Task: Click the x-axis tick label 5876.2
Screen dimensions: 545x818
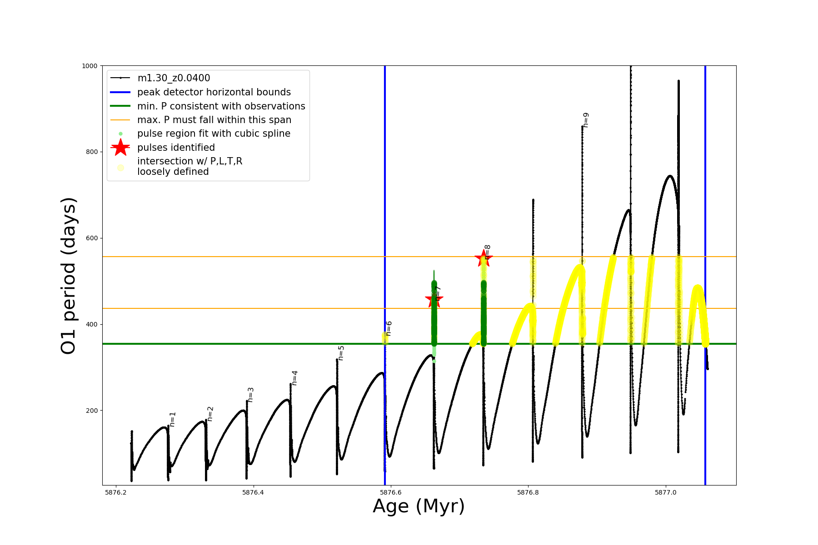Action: coord(116,492)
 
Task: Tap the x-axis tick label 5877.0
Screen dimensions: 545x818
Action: coord(666,492)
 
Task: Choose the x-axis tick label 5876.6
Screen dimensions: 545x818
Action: coord(391,492)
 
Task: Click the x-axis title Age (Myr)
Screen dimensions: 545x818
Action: coord(419,506)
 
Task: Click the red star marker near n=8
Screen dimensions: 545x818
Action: coord(483,258)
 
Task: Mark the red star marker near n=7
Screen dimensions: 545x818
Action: coord(434,299)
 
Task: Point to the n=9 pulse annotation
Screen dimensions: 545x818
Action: coord(586,120)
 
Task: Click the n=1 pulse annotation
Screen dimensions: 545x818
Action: coord(173,419)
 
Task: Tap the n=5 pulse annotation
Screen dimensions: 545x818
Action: coord(341,353)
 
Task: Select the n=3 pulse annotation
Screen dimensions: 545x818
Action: coord(250,395)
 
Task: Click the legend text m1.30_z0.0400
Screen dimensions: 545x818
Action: coord(174,78)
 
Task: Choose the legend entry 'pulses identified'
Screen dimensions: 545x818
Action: coord(176,148)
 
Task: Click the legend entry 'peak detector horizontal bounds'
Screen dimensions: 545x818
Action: coord(214,92)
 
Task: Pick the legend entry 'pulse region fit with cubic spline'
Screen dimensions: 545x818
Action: coord(214,134)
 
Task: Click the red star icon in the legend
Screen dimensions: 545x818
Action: coord(120,148)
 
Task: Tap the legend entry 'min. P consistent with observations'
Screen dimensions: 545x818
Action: coord(221,106)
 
